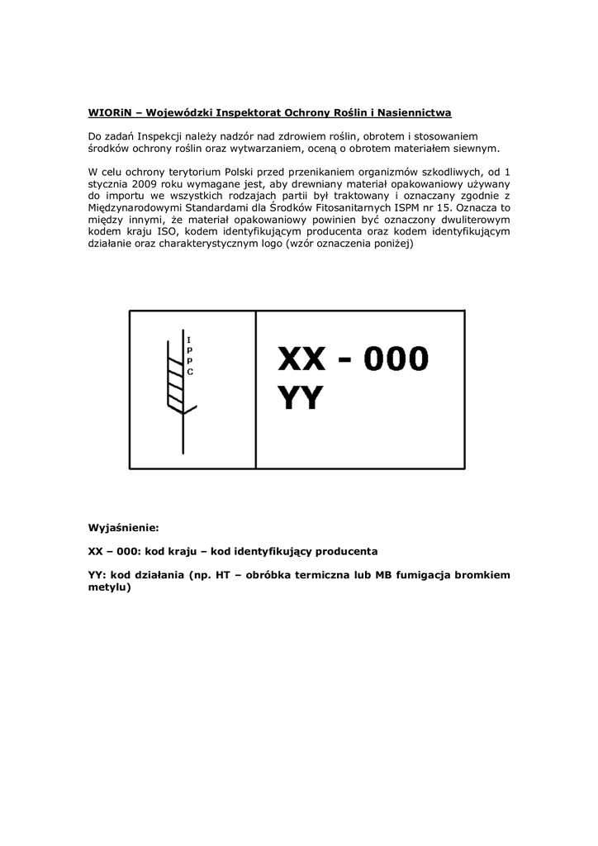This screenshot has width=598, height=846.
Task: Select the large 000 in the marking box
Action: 398,359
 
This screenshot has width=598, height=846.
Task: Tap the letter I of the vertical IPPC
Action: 190,340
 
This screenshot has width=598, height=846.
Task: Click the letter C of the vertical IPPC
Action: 190,372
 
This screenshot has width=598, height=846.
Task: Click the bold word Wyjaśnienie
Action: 123,527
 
